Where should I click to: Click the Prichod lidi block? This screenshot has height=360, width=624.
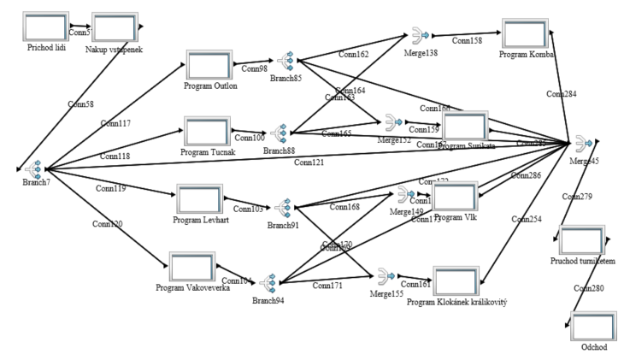47,26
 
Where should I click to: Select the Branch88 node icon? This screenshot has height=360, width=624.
279,134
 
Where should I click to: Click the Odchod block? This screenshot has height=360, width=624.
593,328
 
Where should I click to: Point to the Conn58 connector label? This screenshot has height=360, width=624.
81,104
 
